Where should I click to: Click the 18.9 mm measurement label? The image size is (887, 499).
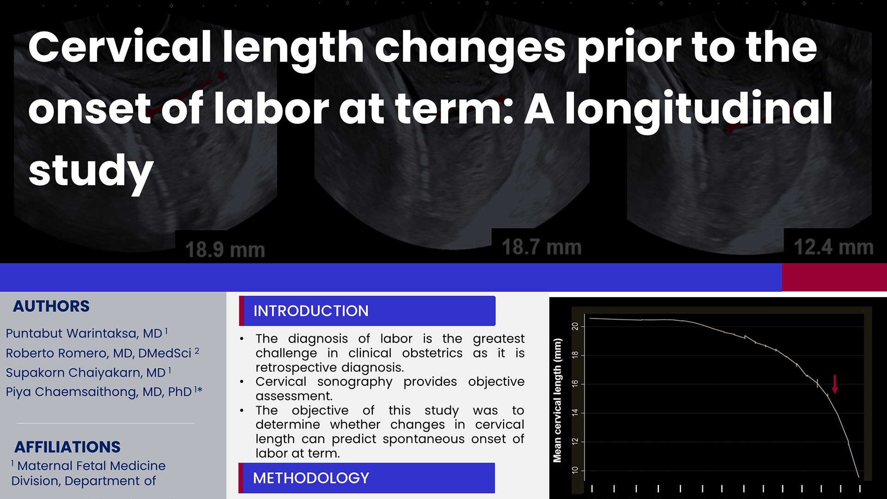click(225, 250)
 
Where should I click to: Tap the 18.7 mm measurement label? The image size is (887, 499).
click(541, 247)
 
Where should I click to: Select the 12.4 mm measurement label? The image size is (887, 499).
click(833, 247)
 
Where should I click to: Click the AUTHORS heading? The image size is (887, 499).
click(51, 306)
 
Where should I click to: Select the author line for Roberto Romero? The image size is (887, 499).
click(102, 353)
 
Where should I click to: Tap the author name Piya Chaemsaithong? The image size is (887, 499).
click(104, 392)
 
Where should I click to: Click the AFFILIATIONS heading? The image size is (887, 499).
click(67, 447)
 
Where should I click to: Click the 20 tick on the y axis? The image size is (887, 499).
click(575, 326)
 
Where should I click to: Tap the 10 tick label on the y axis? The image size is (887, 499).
click(575, 470)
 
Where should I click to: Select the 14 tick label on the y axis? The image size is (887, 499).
click(575, 413)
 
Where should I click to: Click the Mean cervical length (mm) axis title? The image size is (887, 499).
click(558, 401)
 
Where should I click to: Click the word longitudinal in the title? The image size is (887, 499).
click(699, 109)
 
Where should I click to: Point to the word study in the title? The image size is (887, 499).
click(91, 171)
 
